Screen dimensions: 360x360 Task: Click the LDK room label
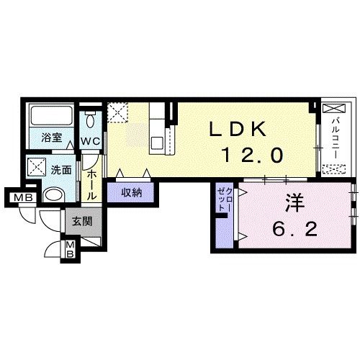[x=238, y=130]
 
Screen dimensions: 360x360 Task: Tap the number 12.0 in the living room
[x=253, y=155]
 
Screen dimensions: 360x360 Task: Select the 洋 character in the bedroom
[x=295, y=204]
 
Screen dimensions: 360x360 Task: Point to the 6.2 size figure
[x=295, y=229]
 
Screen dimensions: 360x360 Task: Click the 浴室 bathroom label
[x=52, y=138]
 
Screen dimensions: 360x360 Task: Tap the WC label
[x=90, y=141]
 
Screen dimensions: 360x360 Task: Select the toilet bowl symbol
[x=91, y=120]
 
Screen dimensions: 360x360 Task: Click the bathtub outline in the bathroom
[x=51, y=115]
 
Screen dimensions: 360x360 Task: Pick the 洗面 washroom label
[x=61, y=170]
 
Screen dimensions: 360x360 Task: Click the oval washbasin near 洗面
[x=55, y=194]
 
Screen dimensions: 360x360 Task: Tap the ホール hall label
[x=91, y=185]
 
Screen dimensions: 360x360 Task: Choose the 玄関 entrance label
[x=83, y=221]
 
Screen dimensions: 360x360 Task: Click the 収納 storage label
[x=132, y=192]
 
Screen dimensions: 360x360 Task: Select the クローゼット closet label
[x=225, y=199]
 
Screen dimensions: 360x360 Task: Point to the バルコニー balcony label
[x=336, y=138]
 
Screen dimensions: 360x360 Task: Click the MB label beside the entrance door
[x=70, y=250]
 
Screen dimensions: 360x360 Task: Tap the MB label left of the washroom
[x=23, y=198]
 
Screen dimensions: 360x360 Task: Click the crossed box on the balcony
[x=334, y=108]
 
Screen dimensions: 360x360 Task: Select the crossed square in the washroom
[x=37, y=166]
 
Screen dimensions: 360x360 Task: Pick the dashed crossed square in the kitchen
[x=117, y=112]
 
